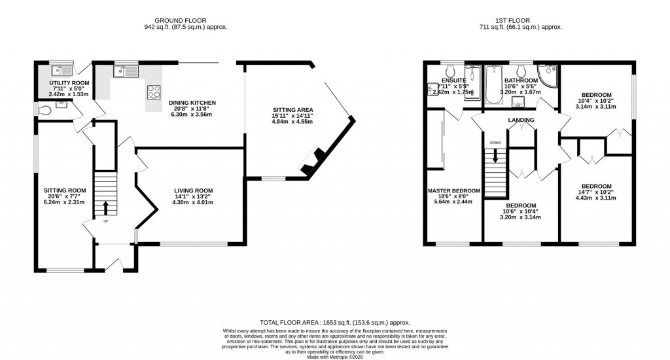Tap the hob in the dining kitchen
154,92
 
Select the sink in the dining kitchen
123,71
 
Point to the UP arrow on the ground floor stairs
106,207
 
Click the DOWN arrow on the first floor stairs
495,155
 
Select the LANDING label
521,120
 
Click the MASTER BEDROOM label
453,191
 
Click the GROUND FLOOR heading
186,20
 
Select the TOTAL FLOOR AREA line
334,323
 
